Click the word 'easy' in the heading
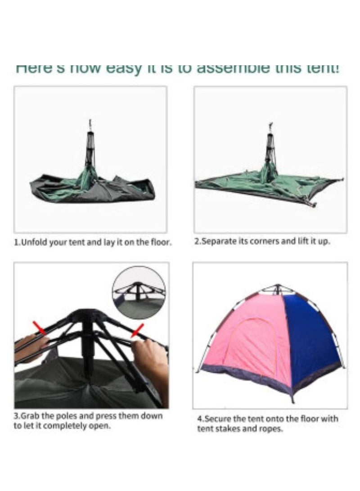pyautogui.click(x=123, y=69)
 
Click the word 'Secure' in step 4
pyautogui.click(x=216, y=419)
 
